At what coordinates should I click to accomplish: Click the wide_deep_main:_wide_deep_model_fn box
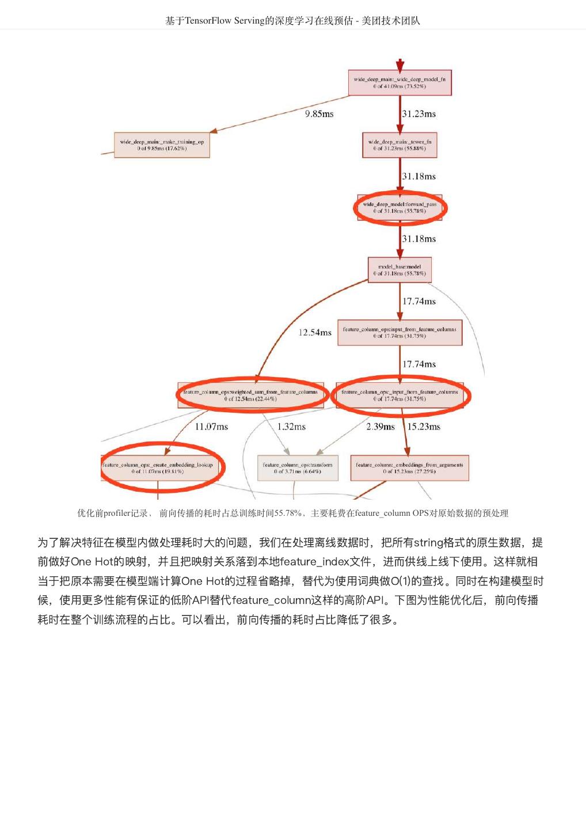coord(399,83)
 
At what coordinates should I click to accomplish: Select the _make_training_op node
coord(162,145)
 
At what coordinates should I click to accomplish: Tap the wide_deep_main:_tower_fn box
coord(399,145)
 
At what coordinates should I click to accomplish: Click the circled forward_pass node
coord(399,208)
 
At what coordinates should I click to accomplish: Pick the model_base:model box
coord(399,270)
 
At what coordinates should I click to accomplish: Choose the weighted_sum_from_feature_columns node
coord(250,395)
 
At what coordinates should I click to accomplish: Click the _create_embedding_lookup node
coord(158,467)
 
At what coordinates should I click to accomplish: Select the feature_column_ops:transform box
coord(298,467)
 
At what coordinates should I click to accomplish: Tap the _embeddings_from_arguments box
coord(409,467)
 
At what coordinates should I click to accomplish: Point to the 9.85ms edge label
coord(319,114)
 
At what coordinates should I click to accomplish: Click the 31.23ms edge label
coord(419,114)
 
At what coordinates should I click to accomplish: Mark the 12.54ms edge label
coord(315,333)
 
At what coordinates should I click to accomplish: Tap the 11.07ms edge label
coord(211,427)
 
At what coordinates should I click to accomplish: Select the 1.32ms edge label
coord(291,427)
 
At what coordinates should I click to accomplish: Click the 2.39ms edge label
coord(380,427)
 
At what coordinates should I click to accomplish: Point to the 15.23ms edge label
coord(424,427)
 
